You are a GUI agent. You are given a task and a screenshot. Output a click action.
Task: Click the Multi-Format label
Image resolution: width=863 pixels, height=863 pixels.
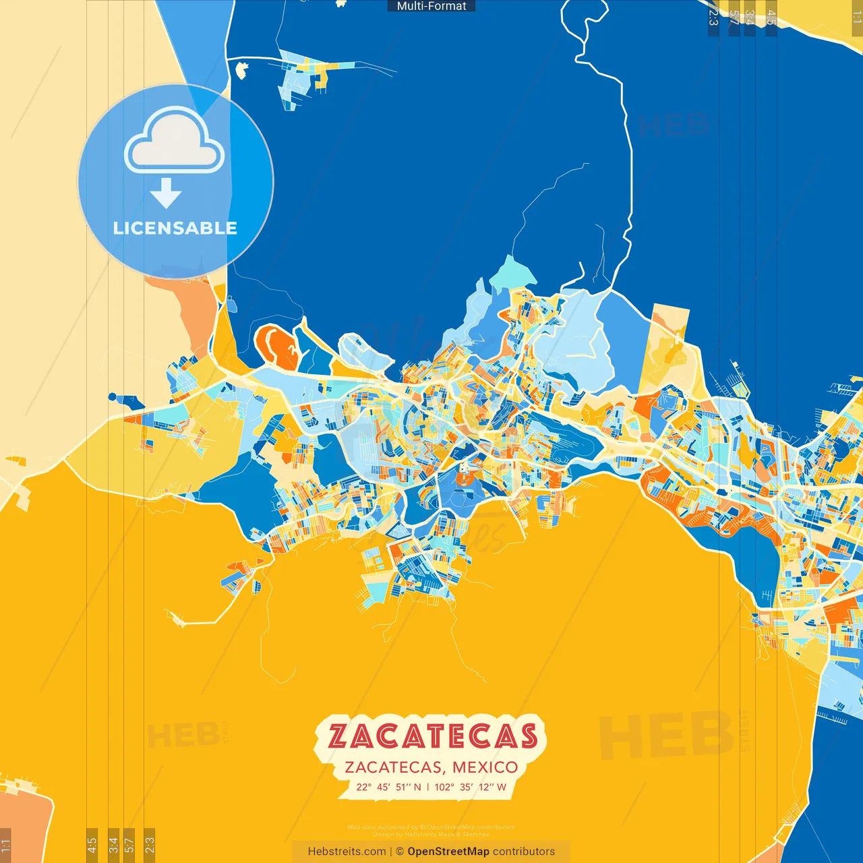pyautogui.click(x=431, y=6)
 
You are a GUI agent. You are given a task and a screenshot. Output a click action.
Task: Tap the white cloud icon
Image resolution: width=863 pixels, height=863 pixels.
pyautogui.click(x=175, y=143)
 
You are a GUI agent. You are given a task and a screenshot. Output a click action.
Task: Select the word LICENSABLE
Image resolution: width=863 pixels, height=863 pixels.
pyautogui.click(x=175, y=228)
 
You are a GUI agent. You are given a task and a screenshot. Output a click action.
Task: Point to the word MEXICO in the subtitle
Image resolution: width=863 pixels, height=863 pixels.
pyautogui.click(x=485, y=767)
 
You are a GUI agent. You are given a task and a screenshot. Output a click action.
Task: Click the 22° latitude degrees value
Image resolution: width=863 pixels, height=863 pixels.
pyautogui.click(x=364, y=787)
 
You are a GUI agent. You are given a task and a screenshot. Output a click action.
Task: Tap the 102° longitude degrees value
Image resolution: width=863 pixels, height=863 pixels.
pyautogui.click(x=444, y=787)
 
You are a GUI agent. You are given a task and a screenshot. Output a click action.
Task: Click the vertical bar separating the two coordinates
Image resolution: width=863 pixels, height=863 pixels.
pyautogui.click(x=427, y=787)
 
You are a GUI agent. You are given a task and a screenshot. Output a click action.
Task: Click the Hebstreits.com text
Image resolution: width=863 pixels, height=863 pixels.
pyautogui.click(x=347, y=852)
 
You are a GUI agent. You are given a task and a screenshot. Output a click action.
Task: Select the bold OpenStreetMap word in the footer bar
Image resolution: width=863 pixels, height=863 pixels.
pyautogui.click(x=448, y=852)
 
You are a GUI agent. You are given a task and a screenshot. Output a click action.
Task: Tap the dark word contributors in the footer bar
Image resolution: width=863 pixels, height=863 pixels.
pyautogui.click(x=524, y=852)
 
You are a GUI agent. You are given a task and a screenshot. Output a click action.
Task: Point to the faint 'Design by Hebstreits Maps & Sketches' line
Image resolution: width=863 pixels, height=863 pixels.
pyautogui.click(x=431, y=834)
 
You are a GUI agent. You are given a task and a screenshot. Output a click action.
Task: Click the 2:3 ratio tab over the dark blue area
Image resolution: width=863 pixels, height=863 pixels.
pyautogui.click(x=713, y=17)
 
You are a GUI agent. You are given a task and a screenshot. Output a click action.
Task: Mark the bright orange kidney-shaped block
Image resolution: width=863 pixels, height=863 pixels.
pyautogui.click(x=278, y=345)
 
